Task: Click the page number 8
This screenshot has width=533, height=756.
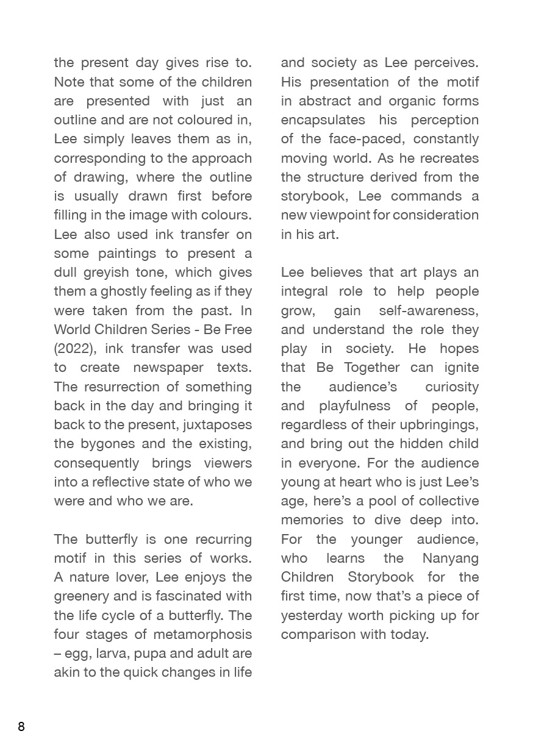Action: point(21,726)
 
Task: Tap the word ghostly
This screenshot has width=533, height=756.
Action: point(115,291)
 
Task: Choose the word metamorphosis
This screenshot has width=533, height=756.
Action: point(202,634)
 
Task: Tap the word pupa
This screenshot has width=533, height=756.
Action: point(150,653)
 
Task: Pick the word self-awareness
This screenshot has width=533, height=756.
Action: point(428,310)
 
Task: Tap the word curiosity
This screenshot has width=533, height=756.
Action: point(452,387)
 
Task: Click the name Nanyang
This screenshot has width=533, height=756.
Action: point(450,558)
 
